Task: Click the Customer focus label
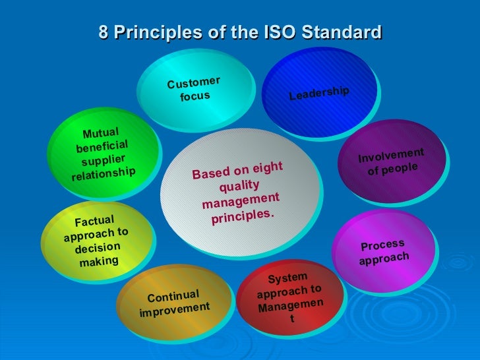tap(194, 90)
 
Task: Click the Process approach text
tap(384, 252)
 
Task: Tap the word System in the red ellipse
tap(287, 278)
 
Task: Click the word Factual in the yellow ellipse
tap(95, 222)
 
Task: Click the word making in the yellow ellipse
tap(99, 261)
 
